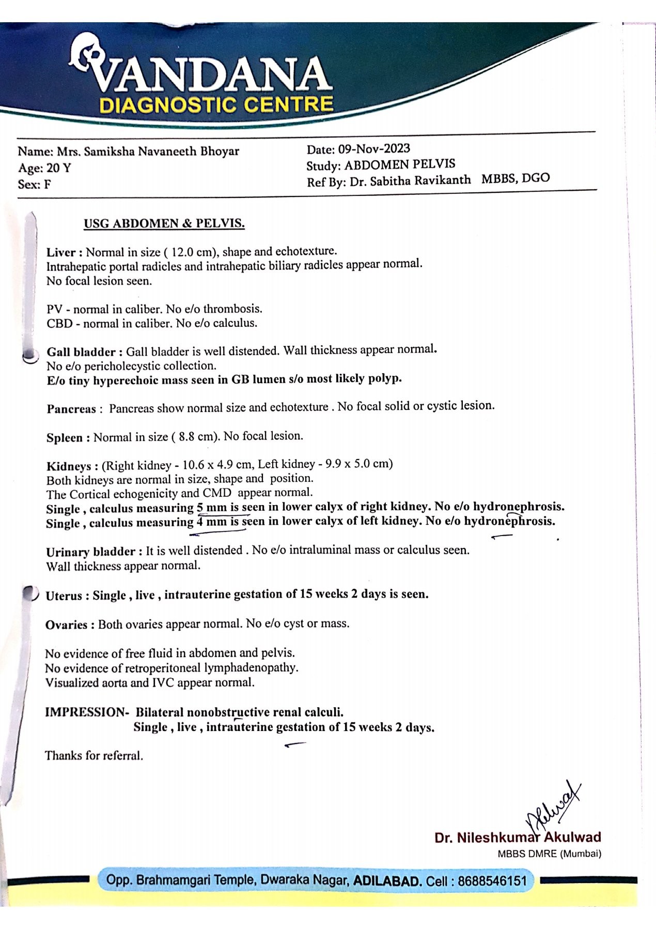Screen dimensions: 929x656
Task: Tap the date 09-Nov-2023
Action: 374,149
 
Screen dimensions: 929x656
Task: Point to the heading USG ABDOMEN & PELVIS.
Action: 164,224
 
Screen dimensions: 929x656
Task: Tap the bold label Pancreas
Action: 71,409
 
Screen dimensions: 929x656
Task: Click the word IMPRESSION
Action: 85,712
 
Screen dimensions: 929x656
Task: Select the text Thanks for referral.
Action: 94,755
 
